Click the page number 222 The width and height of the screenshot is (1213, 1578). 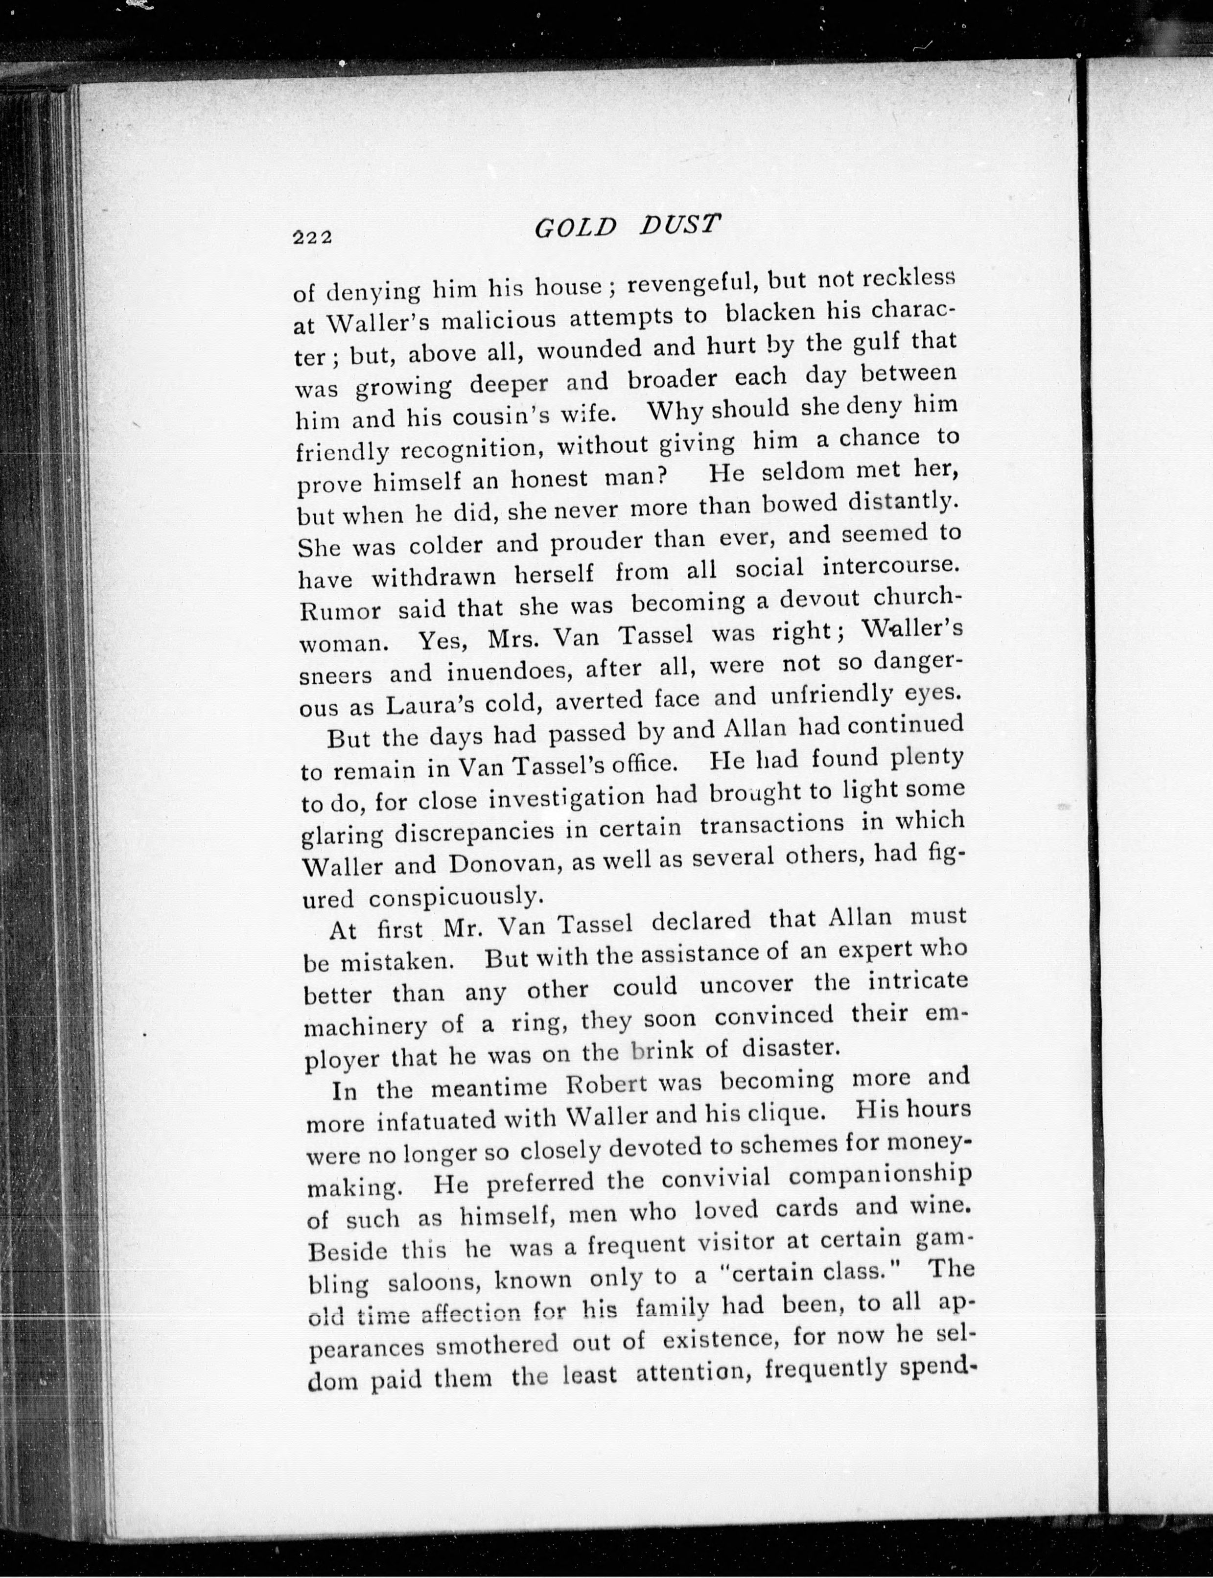click(x=312, y=237)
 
